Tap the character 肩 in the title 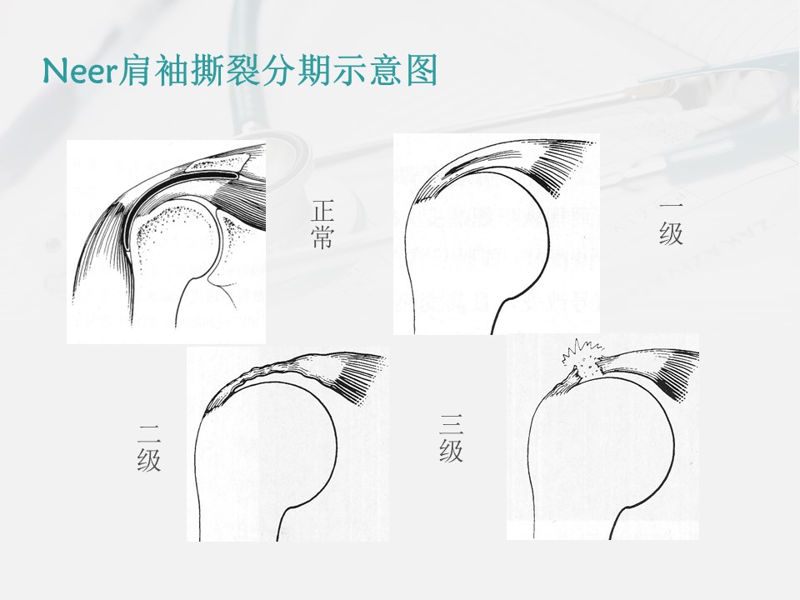point(134,70)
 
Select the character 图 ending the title point(422,70)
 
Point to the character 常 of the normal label point(322,237)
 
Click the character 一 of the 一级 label point(671,206)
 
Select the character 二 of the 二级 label point(149,431)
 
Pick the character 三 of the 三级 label point(452,424)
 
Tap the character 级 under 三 point(452,451)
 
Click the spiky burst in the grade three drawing point(582,357)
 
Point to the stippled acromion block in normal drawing point(217,164)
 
